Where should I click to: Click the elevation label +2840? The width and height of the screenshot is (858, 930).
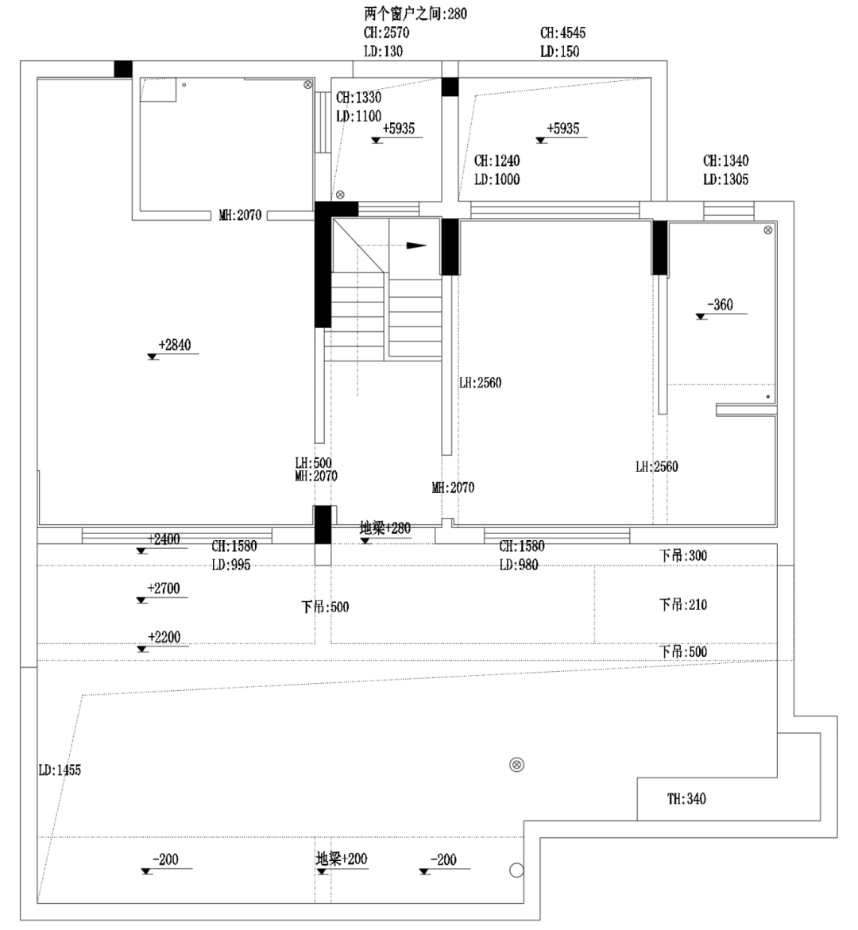[174, 345]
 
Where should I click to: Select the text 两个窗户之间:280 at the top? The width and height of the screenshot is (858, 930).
[415, 14]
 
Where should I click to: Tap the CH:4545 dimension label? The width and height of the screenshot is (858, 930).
[562, 33]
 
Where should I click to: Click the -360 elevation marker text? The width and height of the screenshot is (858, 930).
[719, 305]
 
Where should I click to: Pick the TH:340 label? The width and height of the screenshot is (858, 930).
[686, 799]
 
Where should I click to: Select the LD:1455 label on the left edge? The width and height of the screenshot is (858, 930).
[60, 770]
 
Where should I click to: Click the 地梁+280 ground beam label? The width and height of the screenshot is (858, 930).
[385, 528]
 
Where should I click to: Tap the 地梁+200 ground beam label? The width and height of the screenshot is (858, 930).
[342, 859]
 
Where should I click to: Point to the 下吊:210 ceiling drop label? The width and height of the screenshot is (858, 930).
[682, 605]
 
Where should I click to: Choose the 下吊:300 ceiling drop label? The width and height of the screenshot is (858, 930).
[682, 556]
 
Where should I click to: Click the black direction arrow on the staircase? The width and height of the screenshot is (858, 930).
[416, 245]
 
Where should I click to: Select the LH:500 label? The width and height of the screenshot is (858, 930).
[313, 463]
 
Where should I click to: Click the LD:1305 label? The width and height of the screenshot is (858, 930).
[725, 180]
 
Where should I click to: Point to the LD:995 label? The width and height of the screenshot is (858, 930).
[230, 565]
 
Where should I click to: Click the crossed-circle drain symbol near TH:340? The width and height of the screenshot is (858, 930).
[517, 765]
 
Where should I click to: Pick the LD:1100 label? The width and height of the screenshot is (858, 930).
[358, 116]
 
